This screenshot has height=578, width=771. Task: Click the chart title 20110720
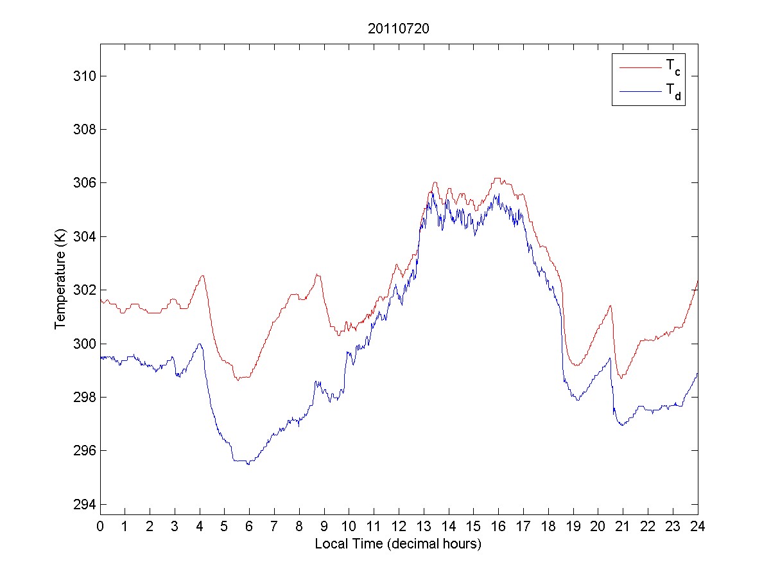pyautogui.click(x=399, y=29)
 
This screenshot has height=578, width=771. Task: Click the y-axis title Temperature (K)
pyautogui.click(x=60, y=280)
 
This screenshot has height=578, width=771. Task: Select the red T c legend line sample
pyautogui.click(x=639, y=67)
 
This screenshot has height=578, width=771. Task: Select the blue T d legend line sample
pyautogui.click(x=639, y=92)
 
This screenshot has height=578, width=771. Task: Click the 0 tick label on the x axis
pyautogui.click(x=100, y=525)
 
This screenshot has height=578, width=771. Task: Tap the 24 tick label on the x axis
pyautogui.click(x=698, y=525)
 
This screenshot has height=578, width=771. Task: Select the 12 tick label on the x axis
pyautogui.click(x=399, y=525)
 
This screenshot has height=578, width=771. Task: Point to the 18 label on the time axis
pyautogui.click(x=548, y=525)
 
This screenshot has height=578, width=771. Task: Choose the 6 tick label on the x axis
pyautogui.click(x=250, y=525)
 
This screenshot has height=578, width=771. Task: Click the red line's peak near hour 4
pyautogui.click(x=202, y=276)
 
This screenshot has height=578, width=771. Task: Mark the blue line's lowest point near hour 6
pyautogui.click(x=248, y=464)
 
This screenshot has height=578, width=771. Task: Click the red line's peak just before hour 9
pyautogui.click(x=316, y=274)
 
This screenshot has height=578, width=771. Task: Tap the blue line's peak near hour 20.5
pyautogui.click(x=610, y=358)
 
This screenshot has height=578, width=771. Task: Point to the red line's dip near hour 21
pyautogui.click(x=621, y=378)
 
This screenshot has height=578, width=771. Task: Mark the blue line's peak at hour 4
pyautogui.click(x=200, y=344)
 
